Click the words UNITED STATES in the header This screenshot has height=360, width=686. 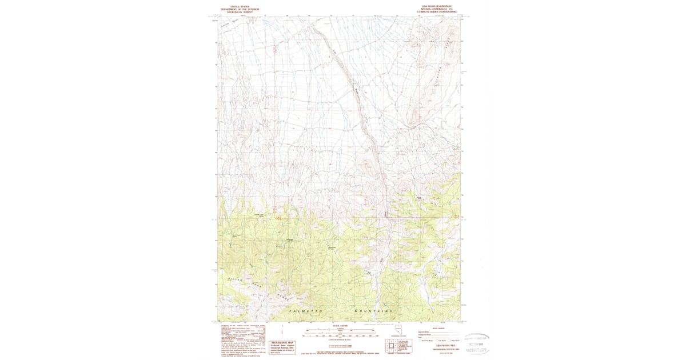(x=240, y=6)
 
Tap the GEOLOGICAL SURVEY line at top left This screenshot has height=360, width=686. (x=240, y=11)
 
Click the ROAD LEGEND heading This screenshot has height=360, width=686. (x=438, y=328)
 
